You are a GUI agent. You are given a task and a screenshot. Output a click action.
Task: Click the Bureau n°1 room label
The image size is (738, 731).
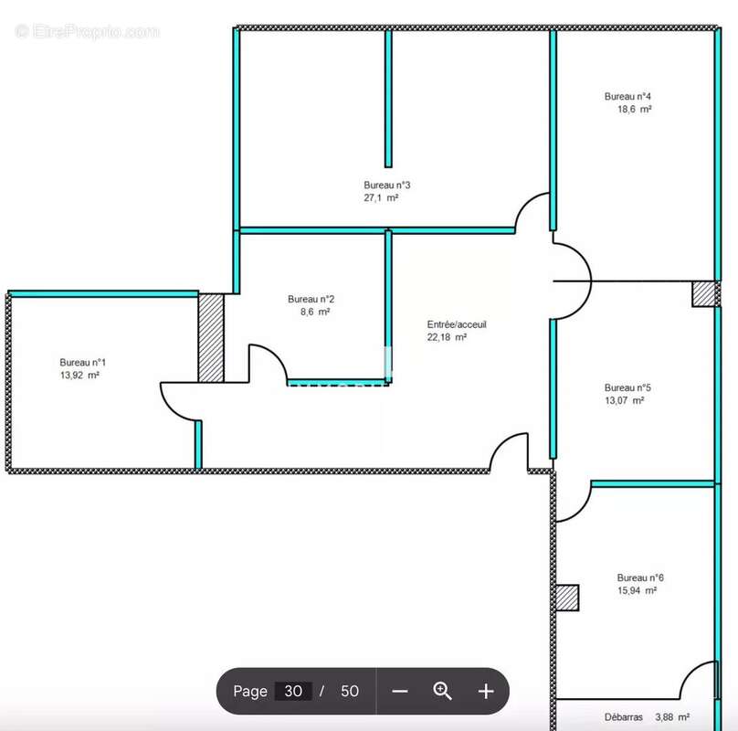click(83, 362)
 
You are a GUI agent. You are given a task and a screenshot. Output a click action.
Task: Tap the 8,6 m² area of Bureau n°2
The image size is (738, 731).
click(315, 312)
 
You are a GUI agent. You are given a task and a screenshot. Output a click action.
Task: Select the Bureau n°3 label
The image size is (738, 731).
click(387, 185)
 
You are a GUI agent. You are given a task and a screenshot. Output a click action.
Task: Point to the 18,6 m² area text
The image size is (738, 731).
click(635, 110)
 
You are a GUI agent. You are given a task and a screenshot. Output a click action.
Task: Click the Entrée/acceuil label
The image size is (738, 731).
click(457, 324)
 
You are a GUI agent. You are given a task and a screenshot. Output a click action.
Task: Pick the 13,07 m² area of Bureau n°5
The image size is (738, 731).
click(624, 400)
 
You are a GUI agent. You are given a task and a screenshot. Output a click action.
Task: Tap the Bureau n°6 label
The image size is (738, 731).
click(640, 577)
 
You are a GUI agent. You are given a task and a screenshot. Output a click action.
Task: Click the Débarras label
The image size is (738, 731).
click(623, 717)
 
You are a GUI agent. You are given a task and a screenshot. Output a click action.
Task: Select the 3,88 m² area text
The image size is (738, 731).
click(672, 717)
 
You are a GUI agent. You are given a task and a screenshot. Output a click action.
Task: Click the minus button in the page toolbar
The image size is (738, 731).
click(399, 691)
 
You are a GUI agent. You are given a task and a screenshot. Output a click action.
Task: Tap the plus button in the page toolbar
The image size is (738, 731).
click(486, 691)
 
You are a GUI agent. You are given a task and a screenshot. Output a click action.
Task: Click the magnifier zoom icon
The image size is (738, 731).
click(442, 691)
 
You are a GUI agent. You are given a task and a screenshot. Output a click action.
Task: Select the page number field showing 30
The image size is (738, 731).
click(293, 691)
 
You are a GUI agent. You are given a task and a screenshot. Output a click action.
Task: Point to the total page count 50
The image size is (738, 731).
click(350, 691)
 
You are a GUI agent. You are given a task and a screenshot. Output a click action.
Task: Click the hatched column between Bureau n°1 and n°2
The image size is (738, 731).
click(211, 338)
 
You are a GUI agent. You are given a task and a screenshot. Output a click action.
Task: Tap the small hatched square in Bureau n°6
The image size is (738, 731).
click(567, 598)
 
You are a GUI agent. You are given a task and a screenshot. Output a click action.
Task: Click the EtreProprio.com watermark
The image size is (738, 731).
click(88, 32)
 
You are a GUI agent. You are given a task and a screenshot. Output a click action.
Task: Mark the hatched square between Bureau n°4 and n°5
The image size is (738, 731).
click(703, 294)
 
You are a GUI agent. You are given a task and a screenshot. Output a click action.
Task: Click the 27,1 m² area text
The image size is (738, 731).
click(381, 197)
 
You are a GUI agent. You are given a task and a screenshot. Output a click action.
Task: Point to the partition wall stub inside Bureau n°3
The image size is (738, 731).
click(388, 99)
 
